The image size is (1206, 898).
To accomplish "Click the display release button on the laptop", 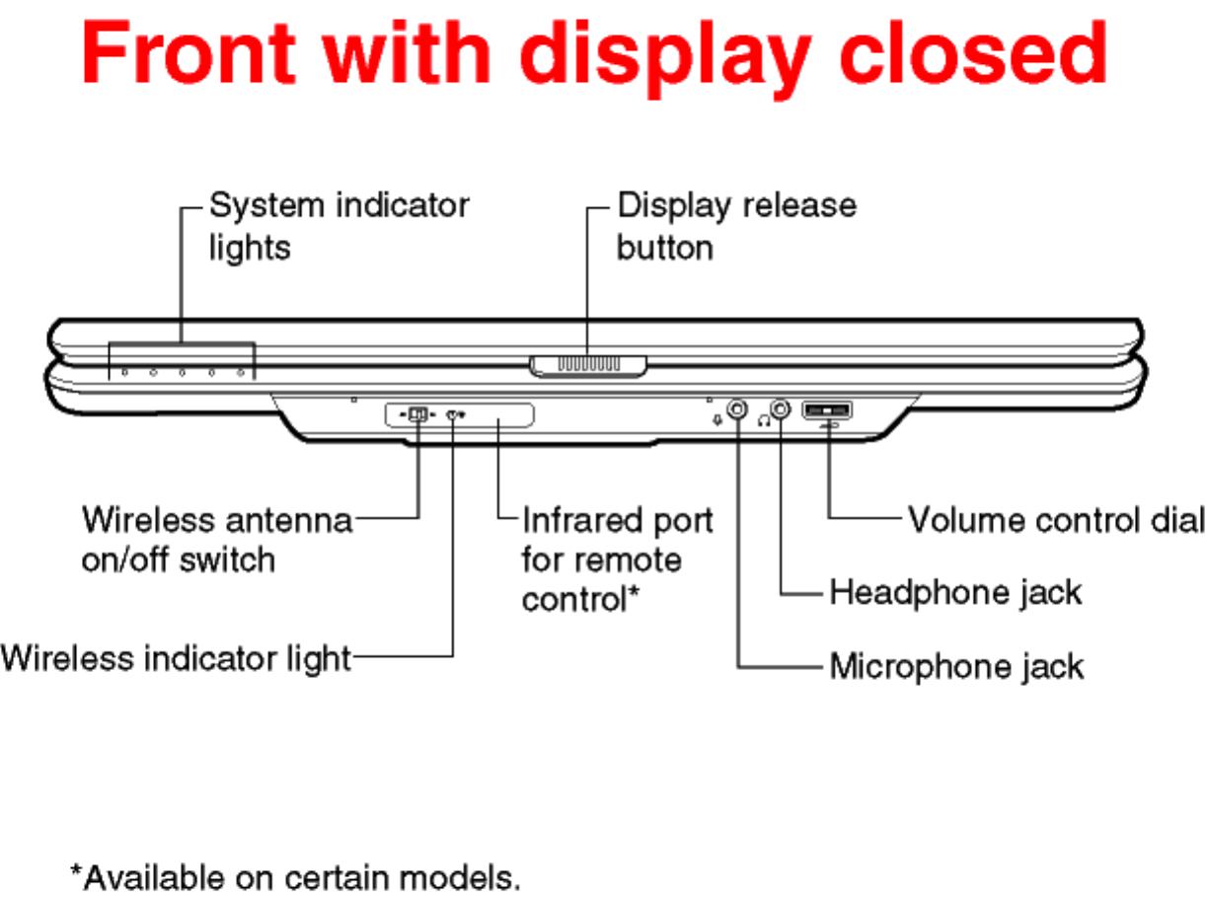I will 588,364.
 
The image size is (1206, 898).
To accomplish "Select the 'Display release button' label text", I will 735,226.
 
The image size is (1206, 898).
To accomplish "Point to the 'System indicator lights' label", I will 339,226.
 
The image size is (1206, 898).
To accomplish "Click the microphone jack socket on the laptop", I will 737,409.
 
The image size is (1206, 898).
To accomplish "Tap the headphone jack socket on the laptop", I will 781,409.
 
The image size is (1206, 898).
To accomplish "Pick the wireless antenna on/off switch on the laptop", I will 418,414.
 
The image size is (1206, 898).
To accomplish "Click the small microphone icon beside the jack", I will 717,418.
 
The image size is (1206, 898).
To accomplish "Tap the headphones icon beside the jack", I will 763,418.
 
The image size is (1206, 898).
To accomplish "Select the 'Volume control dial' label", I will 1056,520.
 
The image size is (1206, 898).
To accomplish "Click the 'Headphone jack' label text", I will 955,592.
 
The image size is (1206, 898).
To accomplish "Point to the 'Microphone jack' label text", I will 956,666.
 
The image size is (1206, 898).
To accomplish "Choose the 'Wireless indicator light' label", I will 176,657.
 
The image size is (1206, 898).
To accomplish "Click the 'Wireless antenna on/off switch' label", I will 216,540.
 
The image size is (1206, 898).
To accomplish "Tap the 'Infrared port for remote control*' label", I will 617,559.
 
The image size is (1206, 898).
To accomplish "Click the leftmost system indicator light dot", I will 125,373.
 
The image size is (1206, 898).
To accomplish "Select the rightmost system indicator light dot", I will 241,373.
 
